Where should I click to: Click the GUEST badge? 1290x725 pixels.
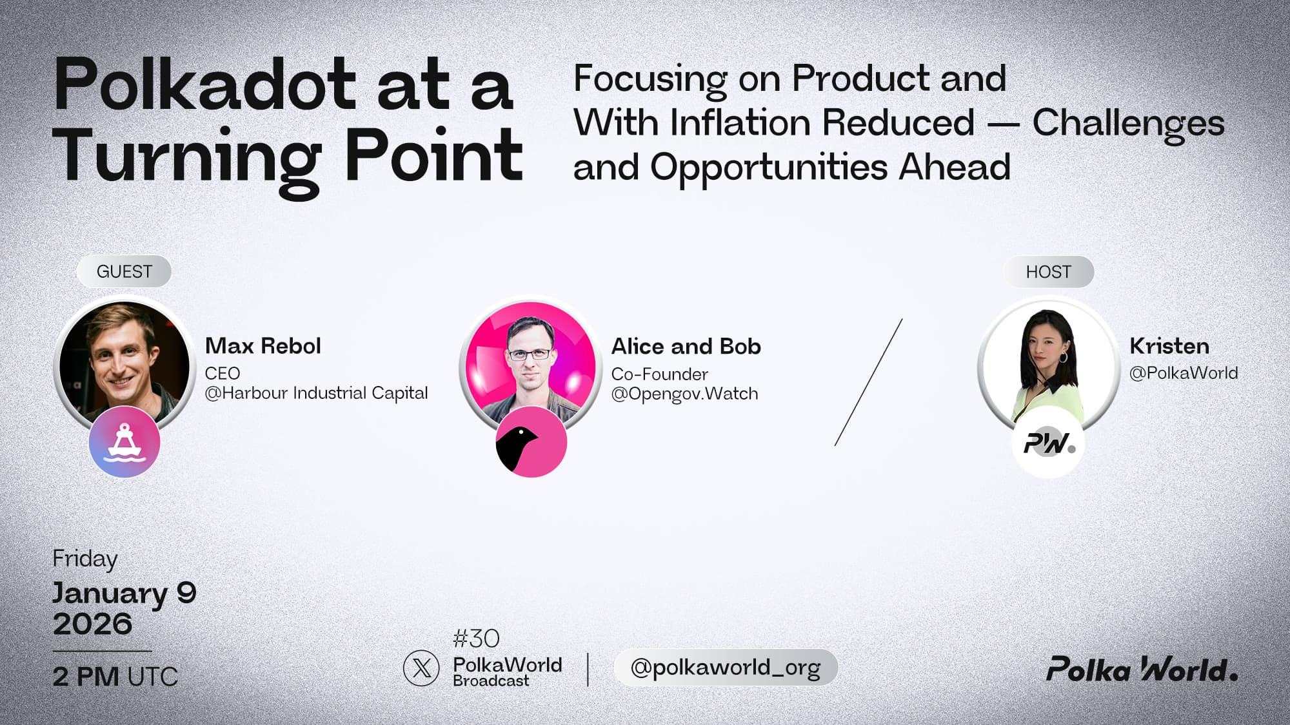click(124, 271)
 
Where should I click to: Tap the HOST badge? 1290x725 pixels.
click(1049, 272)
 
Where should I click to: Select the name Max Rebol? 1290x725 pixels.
click(263, 346)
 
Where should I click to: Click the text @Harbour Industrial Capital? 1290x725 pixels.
click(316, 393)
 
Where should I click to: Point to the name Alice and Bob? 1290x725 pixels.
click(686, 347)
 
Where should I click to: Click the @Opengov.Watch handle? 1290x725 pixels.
click(684, 394)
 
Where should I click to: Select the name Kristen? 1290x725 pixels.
click(1169, 346)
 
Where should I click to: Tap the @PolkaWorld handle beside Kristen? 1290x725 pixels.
click(1184, 373)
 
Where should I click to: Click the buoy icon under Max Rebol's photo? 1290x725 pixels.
click(124, 442)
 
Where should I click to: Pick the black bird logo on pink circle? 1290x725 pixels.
click(531, 443)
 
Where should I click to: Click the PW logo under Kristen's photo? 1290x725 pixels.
click(1048, 443)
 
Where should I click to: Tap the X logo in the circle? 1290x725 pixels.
click(421, 668)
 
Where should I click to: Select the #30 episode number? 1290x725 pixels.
click(476, 639)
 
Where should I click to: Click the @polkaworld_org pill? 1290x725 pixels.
click(726, 668)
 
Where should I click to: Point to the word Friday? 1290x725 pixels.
click(85, 559)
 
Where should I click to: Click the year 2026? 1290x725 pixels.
click(92, 624)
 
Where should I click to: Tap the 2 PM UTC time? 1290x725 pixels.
click(115, 677)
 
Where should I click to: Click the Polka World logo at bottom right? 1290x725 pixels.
click(1142, 670)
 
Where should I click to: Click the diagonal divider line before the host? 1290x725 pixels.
click(868, 382)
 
